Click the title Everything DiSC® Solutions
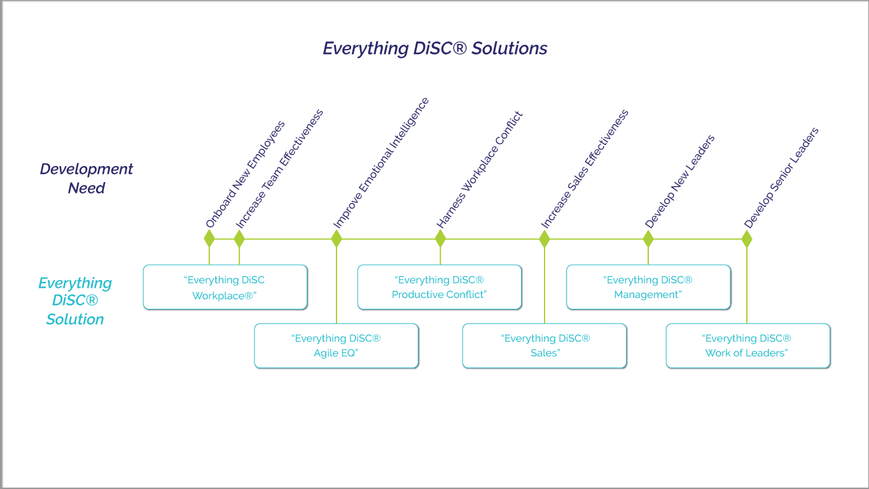pyautogui.click(x=435, y=48)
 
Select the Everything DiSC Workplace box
pyautogui.click(x=225, y=287)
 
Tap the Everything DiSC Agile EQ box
pyautogui.click(x=337, y=346)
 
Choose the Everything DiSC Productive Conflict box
pyautogui.click(x=440, y=287)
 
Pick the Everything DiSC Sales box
pyautogui.click(x=545, y=346)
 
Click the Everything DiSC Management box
pyautogui.click(x=649, y=287)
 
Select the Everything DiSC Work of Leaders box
pyautogui.click(x=748, y=346)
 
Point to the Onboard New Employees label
pyautogui.click(x=245, y=174)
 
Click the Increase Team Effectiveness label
pyautogui.click(x=279, y=169)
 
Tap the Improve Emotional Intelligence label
pyautogui.click(x=381, y=163)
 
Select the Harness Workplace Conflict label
pyautogui.click(x=480, y=170)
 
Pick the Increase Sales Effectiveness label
pyautogui.click(x=585, y=169)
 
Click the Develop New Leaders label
pyautogui.click(x=679, y=181)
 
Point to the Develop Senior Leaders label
pyautogui.click(x=781, y=178)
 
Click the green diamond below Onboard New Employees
pyautogui.click(x=209, y=239)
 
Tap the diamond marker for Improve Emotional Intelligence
pyautogui.click(x=337, y=239)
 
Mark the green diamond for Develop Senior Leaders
pyautogui.click(x=747, y=239)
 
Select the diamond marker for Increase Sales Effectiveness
pyautogui.click(x=545, y=239)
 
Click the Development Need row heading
pyautogui.click(x=87, y=178)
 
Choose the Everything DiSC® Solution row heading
pyautogui.click(x=75, y=301)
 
